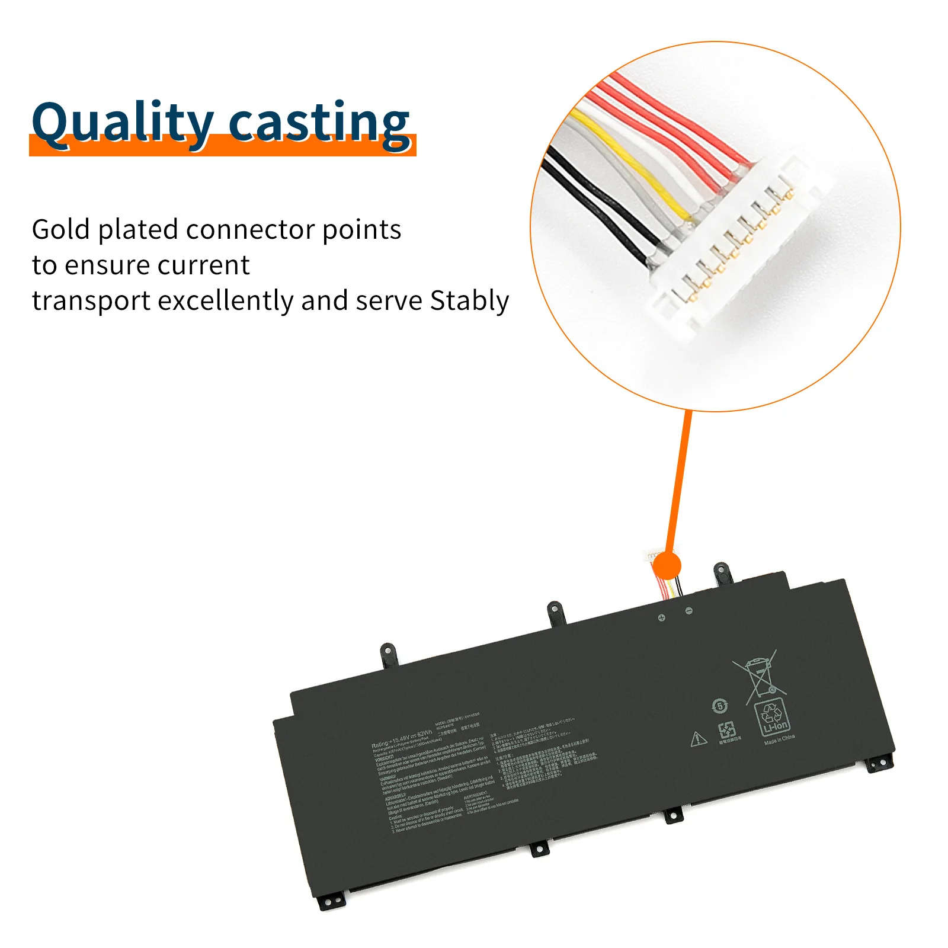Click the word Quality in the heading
click(122, 123)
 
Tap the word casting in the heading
click(318, 123)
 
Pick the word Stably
click(469, 301)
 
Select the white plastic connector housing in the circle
click(735, 249)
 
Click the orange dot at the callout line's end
click(668, 565)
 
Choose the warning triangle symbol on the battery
click(699, 739)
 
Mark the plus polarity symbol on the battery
click(662, 618)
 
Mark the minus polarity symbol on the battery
click(688, 611)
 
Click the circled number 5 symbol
click(719, 706)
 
